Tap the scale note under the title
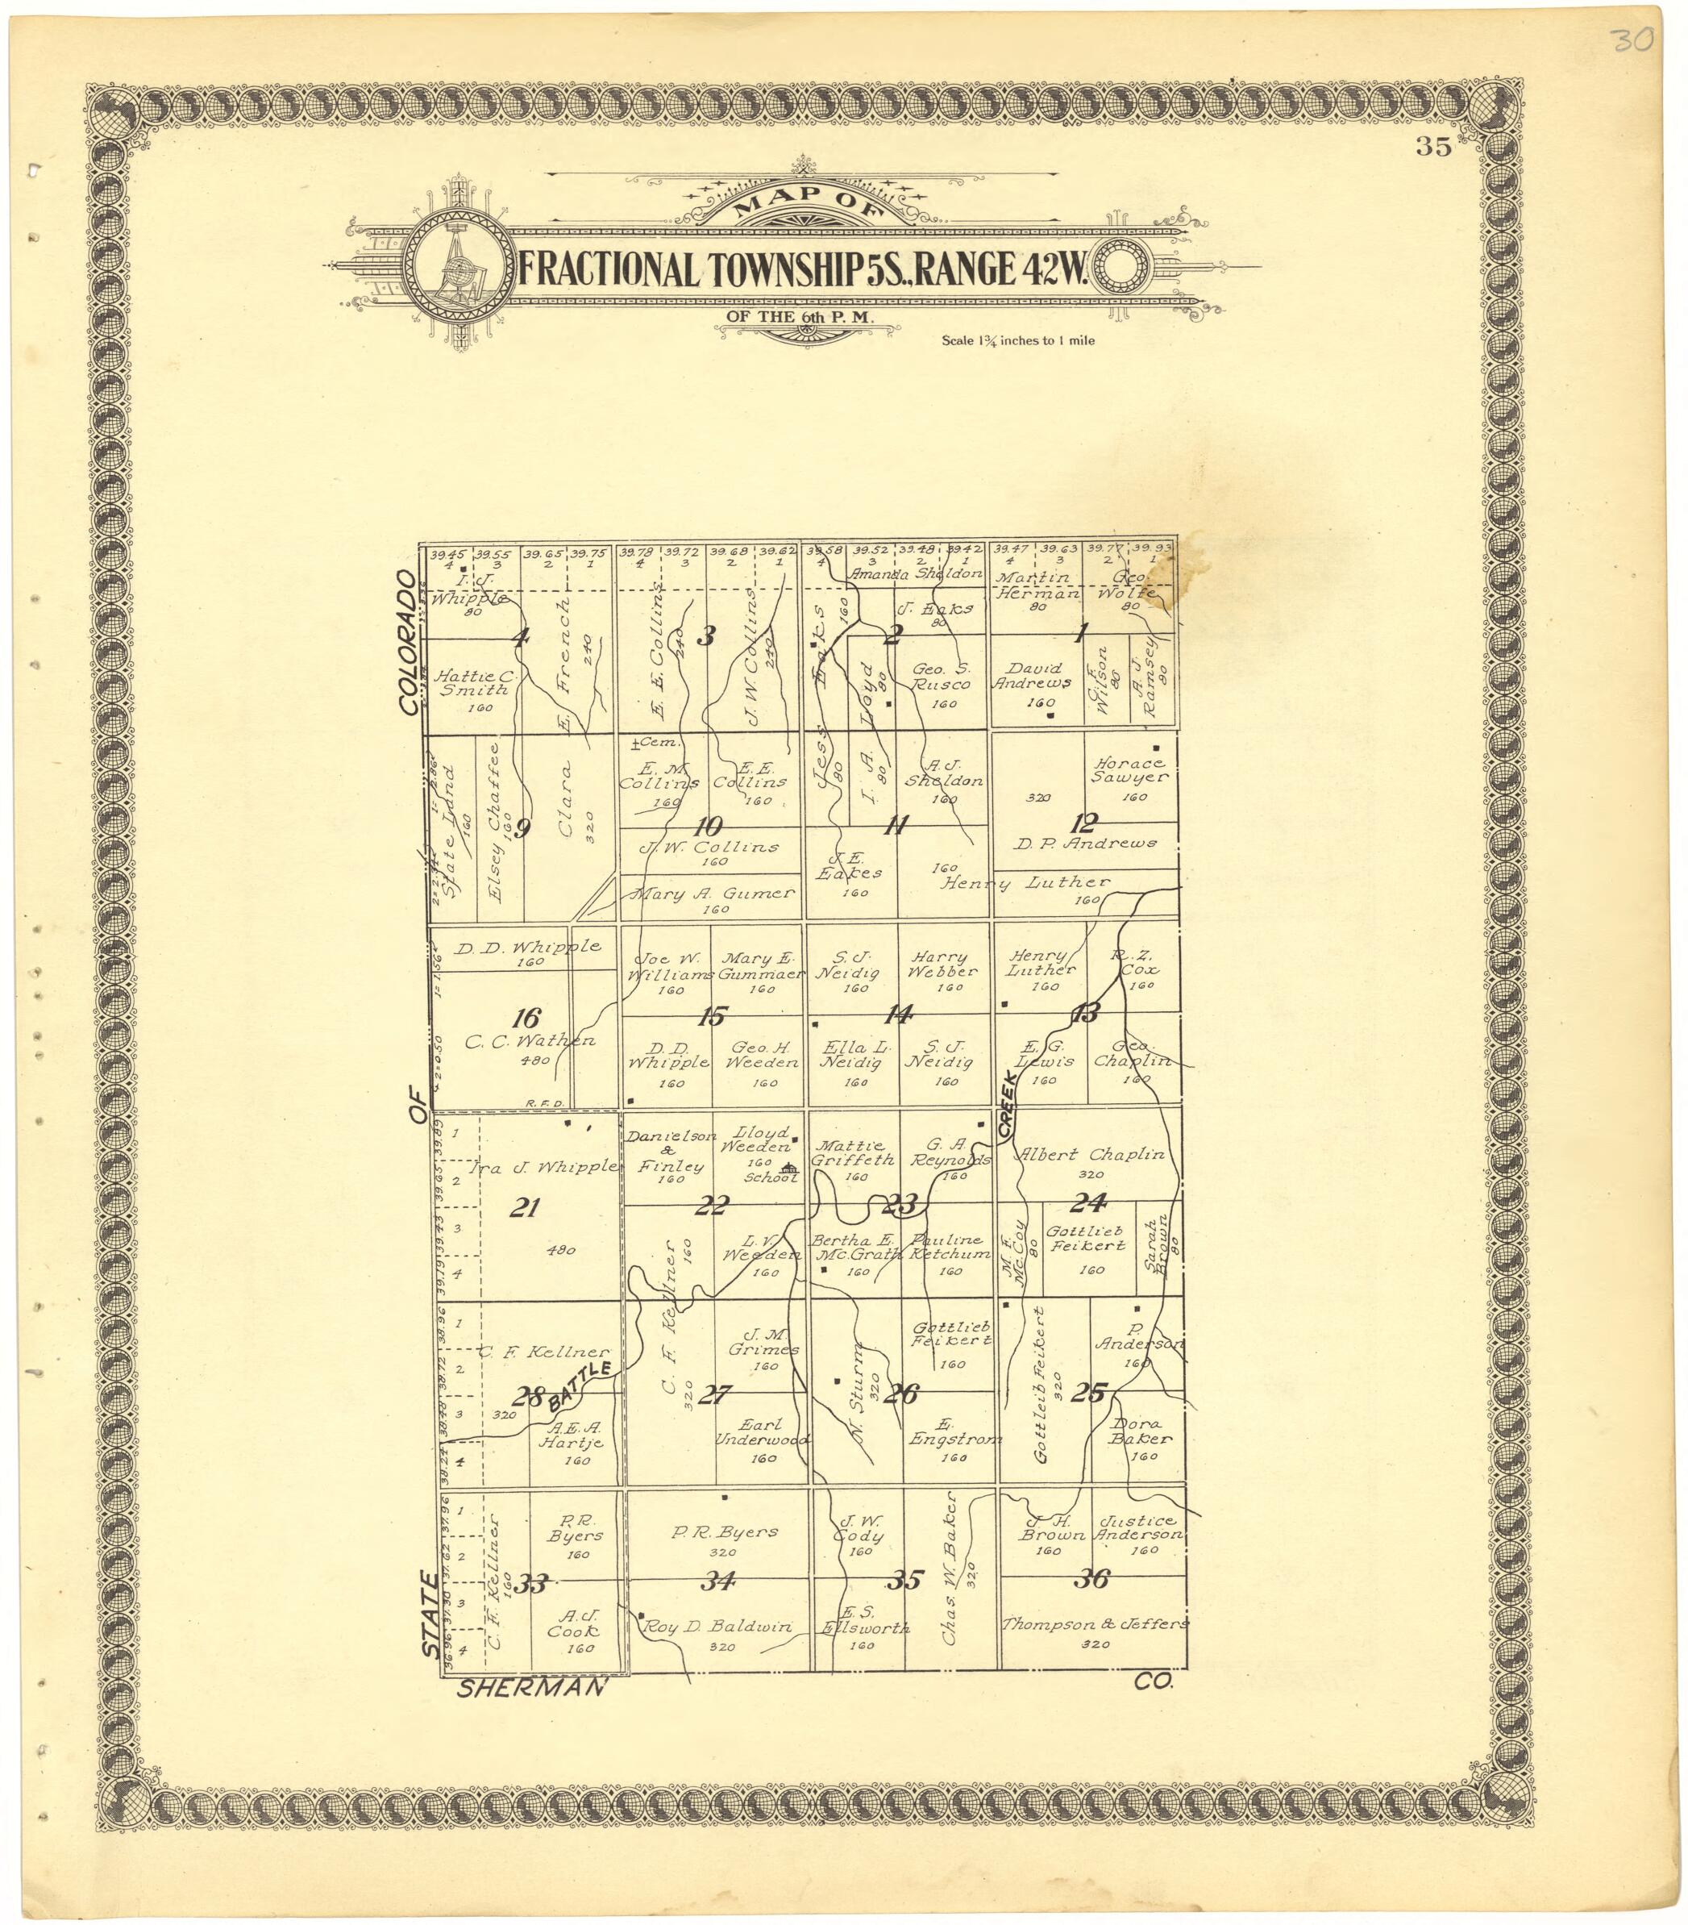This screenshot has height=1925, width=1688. (1017, 340)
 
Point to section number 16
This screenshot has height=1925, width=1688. (526, 1018)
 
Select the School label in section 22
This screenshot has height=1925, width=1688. (770, 1177)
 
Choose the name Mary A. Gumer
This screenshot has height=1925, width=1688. (714, 894)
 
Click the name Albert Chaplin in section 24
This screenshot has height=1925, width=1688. (1092, 1155)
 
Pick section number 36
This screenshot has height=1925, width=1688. (1092, 1578)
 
